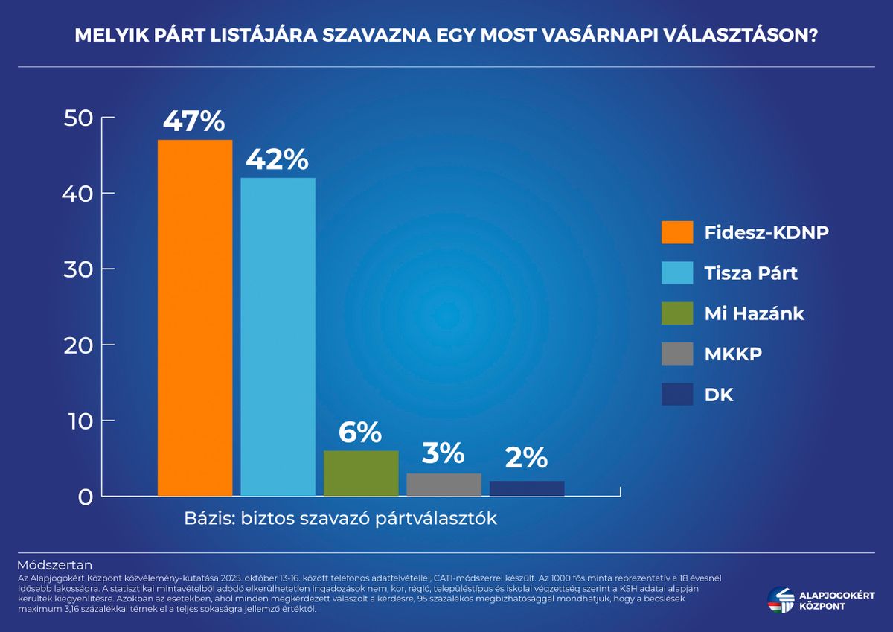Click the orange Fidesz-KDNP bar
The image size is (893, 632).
click(195, 318)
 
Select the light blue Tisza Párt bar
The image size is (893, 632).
click(278, 336)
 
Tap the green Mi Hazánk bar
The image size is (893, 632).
click(361, 473)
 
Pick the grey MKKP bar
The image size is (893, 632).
click(444, 484)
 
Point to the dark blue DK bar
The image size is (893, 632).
click(527, 488)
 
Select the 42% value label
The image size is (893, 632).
click(277, 160)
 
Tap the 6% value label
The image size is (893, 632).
click(360, 432)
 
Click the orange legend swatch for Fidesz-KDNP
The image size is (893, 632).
click(677, 232)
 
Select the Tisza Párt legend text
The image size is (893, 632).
click(751, 273)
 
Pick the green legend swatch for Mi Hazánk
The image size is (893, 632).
click(677, 313)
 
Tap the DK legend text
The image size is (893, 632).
click(719, 395)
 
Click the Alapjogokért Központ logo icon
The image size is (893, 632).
click(781, 599)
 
